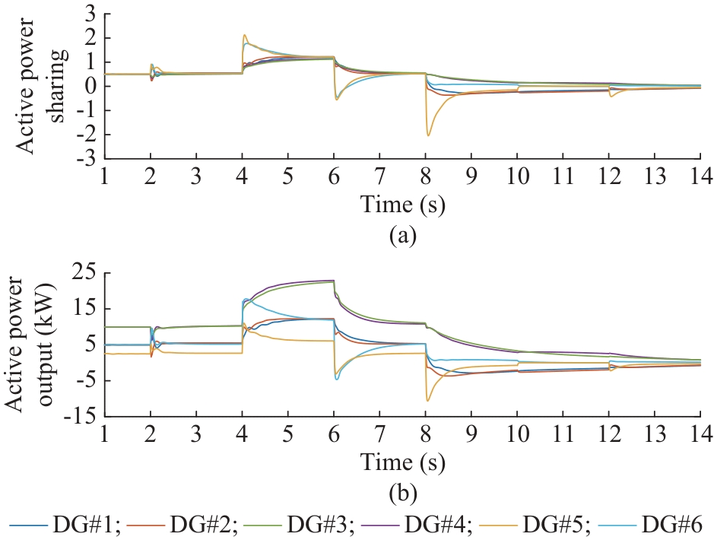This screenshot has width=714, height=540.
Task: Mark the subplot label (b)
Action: click(x=402, y=495)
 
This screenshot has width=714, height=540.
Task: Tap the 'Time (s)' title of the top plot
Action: click(x=402, y=205)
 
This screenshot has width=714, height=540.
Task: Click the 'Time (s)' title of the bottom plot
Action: click(x=402, y=462)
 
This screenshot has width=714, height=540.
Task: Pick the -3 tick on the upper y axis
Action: click(x=87, y=159)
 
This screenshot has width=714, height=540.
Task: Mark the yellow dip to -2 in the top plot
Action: click(x=429, y=135)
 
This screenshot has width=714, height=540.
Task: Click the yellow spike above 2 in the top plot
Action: click(x=245, y=35)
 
